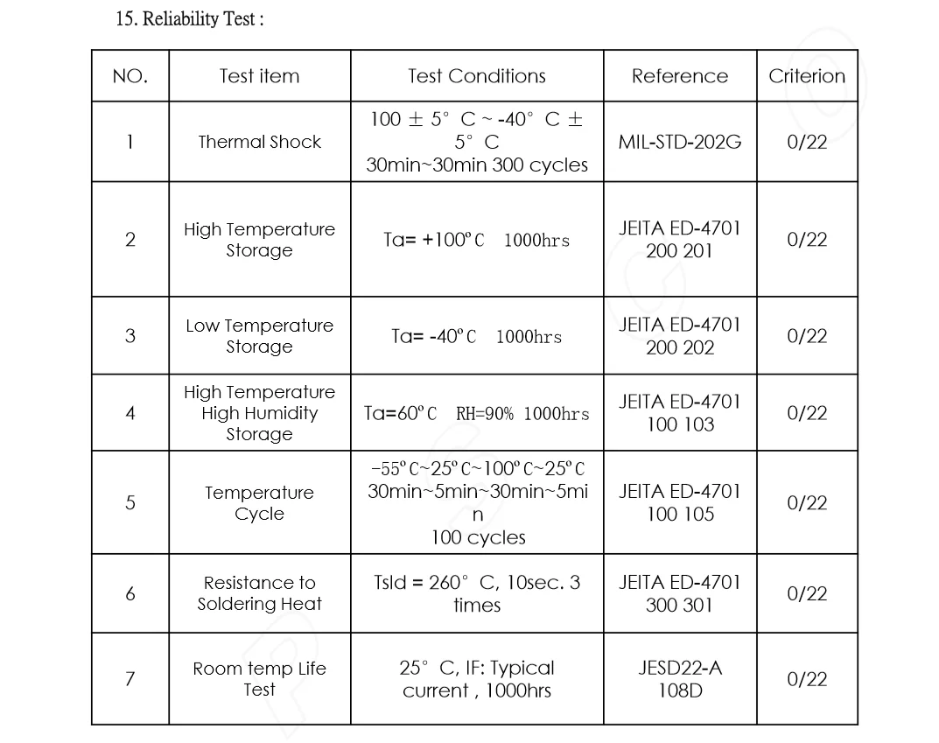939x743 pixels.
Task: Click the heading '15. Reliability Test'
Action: point(190,19)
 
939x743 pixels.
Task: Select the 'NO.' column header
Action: point(130,76)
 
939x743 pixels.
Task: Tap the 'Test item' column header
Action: point(259,76)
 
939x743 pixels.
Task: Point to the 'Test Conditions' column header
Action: point(477,76)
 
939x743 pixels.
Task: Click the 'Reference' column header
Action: point(679,76)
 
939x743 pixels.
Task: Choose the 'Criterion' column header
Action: point(807,76)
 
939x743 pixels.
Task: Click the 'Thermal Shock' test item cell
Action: point(259,142)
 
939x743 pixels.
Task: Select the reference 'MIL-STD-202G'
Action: point(679,142)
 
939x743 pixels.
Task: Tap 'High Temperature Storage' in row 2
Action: point(259,240)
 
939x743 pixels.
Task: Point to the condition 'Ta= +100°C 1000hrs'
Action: point(477,240)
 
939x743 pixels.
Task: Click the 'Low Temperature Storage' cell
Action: point(259,336)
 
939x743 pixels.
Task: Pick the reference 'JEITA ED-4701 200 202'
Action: point(679,336)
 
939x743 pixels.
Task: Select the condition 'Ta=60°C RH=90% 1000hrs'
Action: point(477,414)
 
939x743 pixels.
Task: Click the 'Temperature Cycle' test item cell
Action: point(259,503)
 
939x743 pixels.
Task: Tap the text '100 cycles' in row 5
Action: point(478,537)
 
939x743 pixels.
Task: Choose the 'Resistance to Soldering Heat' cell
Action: point(259,593)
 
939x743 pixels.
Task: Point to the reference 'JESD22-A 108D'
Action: point(679,679)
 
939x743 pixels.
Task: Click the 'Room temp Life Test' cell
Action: point(259,679)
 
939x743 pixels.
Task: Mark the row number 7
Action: point(130,679)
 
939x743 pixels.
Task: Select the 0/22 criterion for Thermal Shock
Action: point(807,142)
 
